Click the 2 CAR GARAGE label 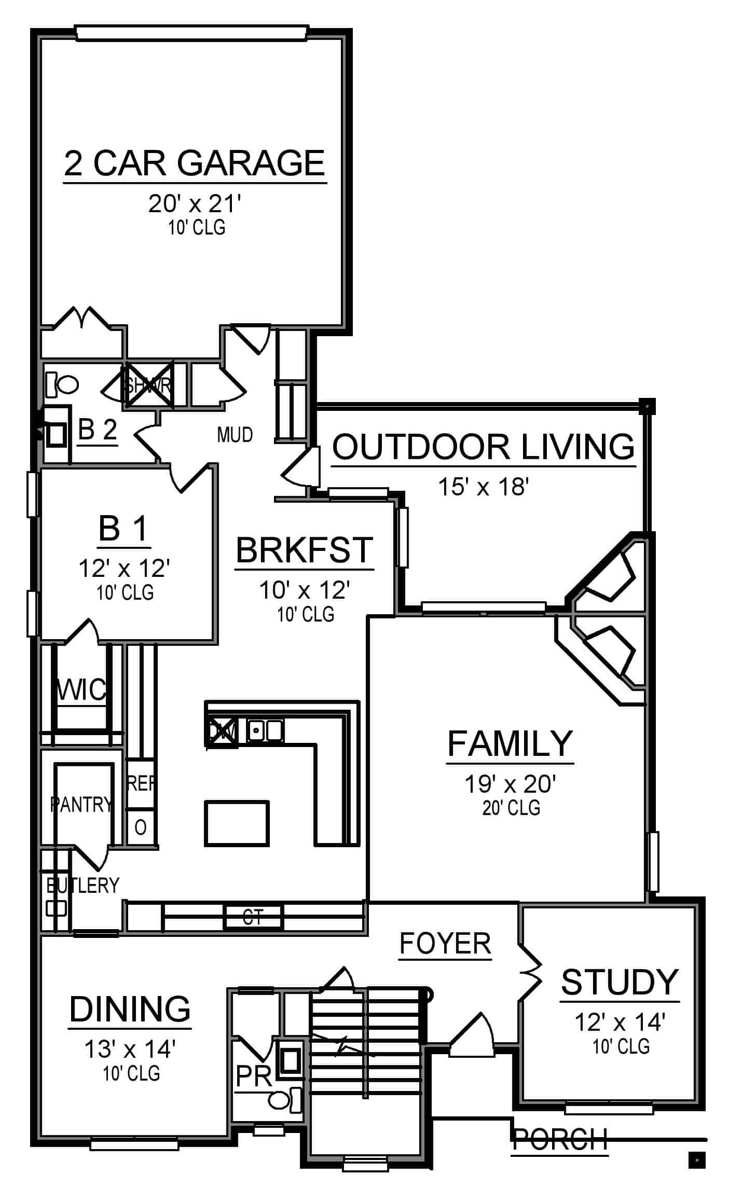click(194, 163)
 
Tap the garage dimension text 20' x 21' click(195, 204)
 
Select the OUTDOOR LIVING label click(483, 447)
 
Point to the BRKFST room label click(304, 550)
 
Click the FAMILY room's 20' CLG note click(511, 808)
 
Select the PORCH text click(559, 1139)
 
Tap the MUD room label click(235, 435)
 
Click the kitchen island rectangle click(237, 823)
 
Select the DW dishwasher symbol click(222, 732)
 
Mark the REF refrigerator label click(141, 784)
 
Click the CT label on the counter click(253, 917)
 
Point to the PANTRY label click(81, 805)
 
